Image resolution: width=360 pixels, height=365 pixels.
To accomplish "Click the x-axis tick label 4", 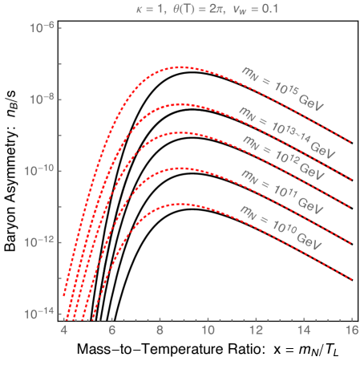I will tap(64, 330).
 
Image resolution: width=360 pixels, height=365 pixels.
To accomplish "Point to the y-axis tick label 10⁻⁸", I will tap(42, 99).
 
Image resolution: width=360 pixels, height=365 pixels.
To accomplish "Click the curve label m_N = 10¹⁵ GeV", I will tap(281, 87).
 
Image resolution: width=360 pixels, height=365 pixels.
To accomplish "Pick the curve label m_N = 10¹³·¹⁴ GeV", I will tap(285, 131).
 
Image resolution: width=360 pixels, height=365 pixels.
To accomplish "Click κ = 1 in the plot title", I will tap(146, 10).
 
